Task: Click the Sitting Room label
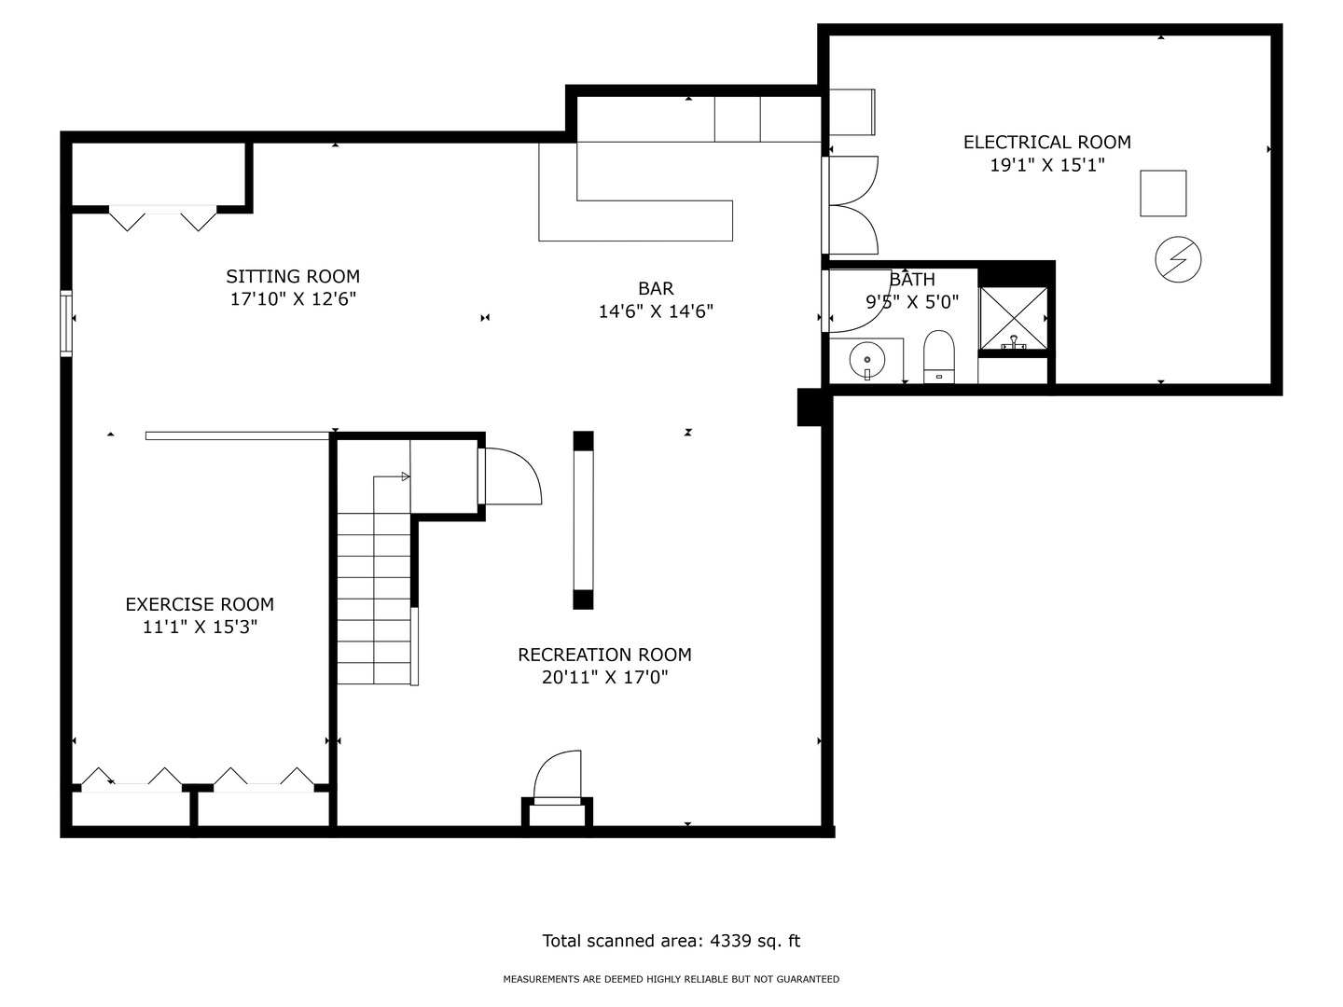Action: click(293, 276)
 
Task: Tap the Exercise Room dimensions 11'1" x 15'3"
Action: click(201, 627)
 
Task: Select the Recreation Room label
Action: click(604, 655)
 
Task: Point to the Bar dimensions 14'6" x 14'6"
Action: click(656, 311)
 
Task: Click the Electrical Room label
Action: click(1046, 143)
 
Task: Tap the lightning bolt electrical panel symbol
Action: click(1178, 259)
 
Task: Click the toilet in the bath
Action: click(938, 357)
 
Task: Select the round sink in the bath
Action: click(867, 361)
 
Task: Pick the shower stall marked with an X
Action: click(1013, 319)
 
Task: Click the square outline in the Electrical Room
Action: click(1162, 193)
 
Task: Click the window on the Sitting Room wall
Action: click(66, 324)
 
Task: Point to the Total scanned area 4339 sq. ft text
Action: click(671, 941)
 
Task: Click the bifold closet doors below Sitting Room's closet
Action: click(163, 219)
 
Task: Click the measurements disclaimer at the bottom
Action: click(671, 979)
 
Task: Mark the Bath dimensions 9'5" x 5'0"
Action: click(911, 301)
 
